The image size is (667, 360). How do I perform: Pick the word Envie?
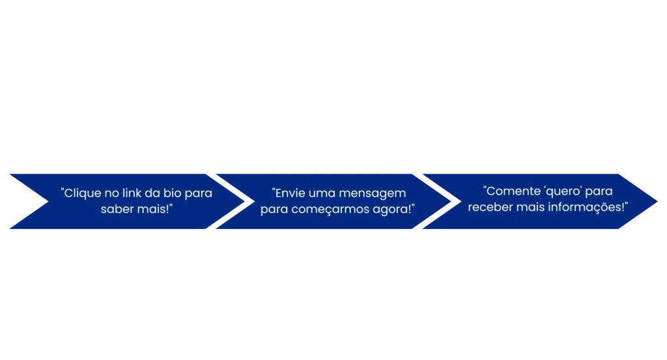pos(289,193)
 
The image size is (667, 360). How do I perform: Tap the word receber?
pos(487,208)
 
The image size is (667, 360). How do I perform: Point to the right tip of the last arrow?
pos(658,201)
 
